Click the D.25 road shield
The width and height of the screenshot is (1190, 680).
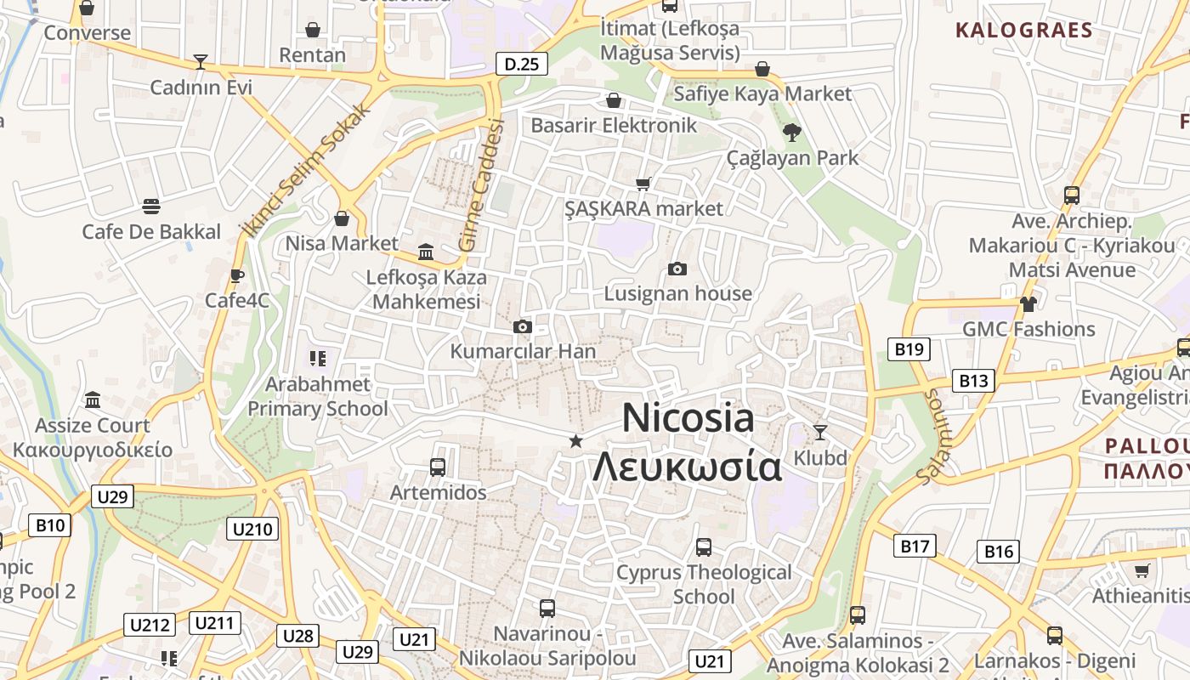(x=521, y=64)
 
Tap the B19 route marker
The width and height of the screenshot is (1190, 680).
(x=909, y=348)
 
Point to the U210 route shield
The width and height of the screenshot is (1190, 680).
(x=252, y=530)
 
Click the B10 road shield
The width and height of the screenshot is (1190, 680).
(x=49, y=525)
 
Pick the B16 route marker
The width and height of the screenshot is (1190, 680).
(x=998, y=552)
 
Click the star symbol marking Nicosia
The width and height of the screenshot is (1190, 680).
(x=576, y=440)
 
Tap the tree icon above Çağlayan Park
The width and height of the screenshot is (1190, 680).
(x=792, y=132)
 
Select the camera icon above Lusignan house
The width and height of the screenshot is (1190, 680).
(x=677, y=269)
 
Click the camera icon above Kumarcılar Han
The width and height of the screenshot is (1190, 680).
(x=523, y=327)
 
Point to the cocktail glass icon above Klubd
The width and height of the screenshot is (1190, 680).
(x=820, y=433)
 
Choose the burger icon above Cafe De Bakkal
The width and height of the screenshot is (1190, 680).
(x=151, y=207)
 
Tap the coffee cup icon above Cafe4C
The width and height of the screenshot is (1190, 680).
(x=237, y=275)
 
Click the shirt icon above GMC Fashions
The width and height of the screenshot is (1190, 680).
(x=1028, y=303)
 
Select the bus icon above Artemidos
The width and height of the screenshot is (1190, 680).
(x=438, y=467)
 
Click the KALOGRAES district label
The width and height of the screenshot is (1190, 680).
(x=1023, y=31)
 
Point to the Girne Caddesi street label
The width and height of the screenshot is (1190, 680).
(x=482, y=185)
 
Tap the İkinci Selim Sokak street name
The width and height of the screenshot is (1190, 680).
(x=306, y=170)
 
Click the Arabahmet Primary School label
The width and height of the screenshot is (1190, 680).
(x=317, y=396)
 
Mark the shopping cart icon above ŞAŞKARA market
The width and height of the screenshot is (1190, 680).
(x=643, y=184)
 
